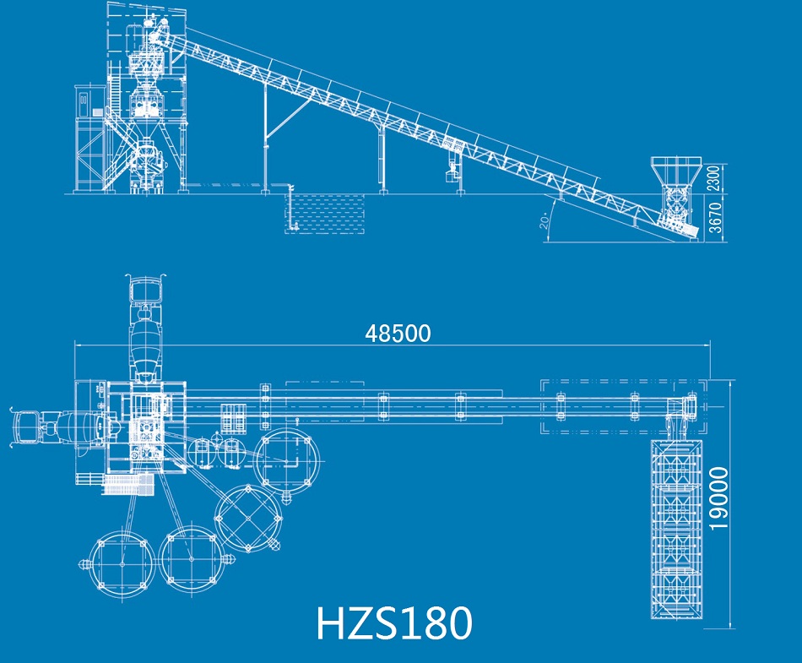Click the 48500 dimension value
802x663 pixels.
pyautogui.click(x=398, y=334)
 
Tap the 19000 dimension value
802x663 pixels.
pyautogui.click(x=718, y=497)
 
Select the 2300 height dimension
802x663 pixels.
pyautogui.click(x=714, y=178)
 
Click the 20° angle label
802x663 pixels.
pyautogui.click(x=545, y=220)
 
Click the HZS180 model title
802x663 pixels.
pyautogui.click(x=394, y=623)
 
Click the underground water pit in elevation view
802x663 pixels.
pyautogui.click(x=325, y=214)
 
